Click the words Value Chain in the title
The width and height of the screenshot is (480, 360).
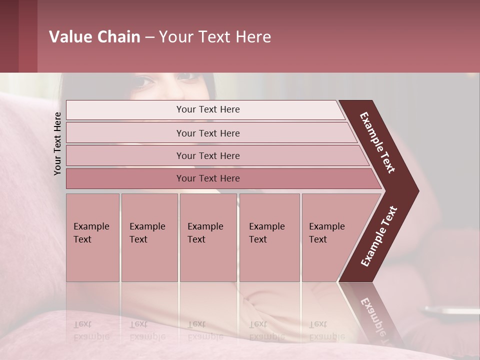coord(94,37)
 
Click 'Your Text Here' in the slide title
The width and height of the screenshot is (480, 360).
coord(215,37)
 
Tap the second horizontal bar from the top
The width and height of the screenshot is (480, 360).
coord(208,133)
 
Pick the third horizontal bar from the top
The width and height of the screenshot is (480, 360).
coord(208,155)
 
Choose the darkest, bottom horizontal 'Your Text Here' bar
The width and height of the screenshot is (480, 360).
coord(208,178)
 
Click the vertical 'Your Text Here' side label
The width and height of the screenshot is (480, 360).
coord(57,143)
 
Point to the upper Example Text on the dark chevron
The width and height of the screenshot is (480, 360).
coord(377,142)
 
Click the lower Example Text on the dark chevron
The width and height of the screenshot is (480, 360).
coord(379,236)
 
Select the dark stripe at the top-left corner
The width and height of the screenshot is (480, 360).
coord(9,36)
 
